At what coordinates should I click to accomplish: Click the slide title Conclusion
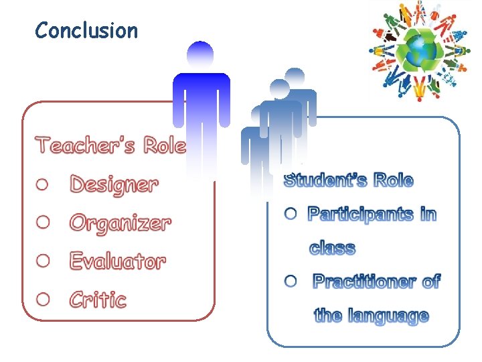pyautogui.click(x=86, y=31)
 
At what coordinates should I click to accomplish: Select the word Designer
pyautogui.click(x=114, y=184)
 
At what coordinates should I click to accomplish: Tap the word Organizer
pyautogui.click(x=120, y=223)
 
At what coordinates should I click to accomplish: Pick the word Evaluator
pyautogui.click(x=117, y=261)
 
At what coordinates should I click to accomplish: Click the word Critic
pyautogui.click(x=98, y=300)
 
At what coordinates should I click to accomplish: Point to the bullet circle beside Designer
pyautogui.click(x=43, y=184)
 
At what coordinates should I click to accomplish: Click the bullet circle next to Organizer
pyautogui.click(x=43, y=222)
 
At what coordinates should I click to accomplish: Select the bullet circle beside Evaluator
pyautogui.click(x=43, y=260)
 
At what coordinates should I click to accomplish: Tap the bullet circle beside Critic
pyautogui.click(x=43, y=298)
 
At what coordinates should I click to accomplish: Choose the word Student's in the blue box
pyautogui.click(x=325, y=180)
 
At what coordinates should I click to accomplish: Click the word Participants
pyautogui.click(x=360, y=215)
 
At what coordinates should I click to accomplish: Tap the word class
pyautogui.click(x=332, y=249)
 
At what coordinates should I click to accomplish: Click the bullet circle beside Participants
pyautogui.click(x=290, y=214)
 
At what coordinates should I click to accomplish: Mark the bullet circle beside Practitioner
pyautogui.click(x=290, y=282)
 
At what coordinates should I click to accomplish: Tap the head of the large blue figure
pyautogui.click(x=200, y=54)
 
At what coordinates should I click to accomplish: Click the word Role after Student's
pyautogui.click(x=393, y=180)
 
